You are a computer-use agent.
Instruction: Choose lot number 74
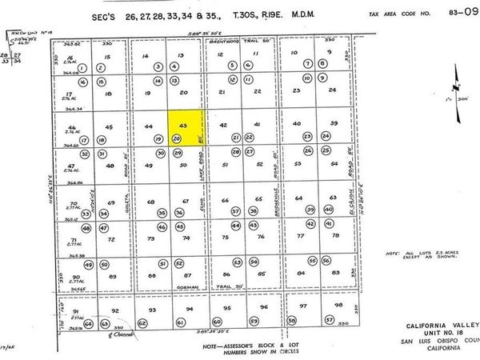point(186,238)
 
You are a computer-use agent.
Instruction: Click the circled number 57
point(329,320)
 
